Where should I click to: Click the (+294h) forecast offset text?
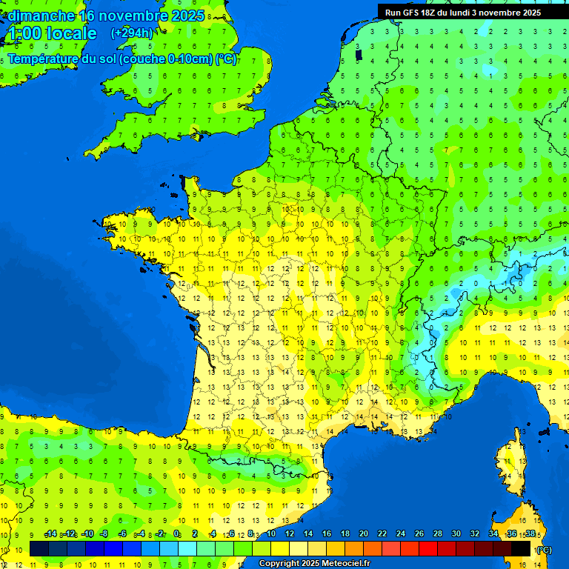132,33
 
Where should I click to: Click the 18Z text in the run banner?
437,13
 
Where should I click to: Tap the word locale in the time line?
71,33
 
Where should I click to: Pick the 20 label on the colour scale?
364,533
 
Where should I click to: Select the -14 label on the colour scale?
51,533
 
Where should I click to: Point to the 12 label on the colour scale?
290,533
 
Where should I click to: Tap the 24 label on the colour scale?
401,533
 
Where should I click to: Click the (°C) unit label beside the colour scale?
543,550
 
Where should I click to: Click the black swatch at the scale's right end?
522,548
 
